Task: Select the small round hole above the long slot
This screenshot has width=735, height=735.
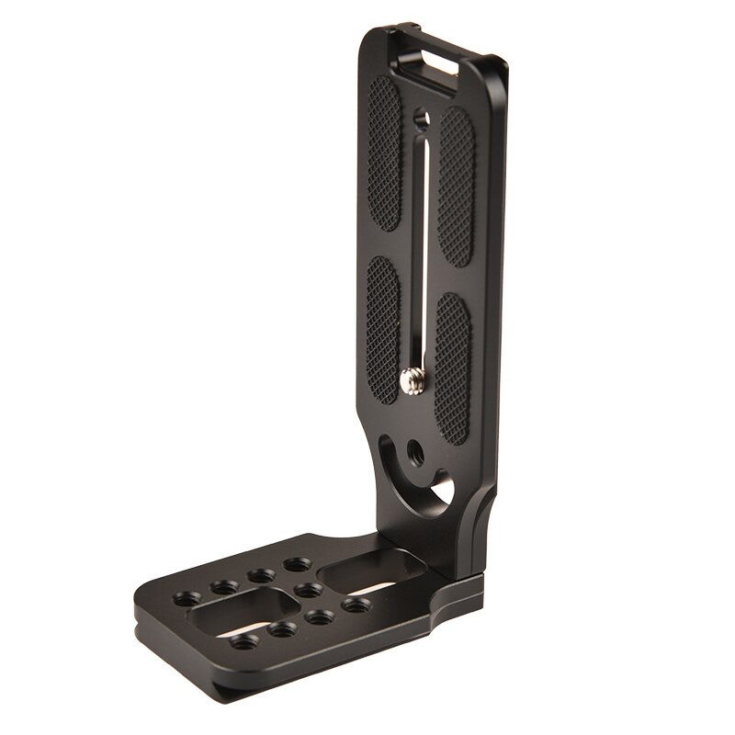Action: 421,118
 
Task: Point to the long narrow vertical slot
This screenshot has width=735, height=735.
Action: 418,248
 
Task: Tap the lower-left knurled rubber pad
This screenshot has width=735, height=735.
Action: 382,322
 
